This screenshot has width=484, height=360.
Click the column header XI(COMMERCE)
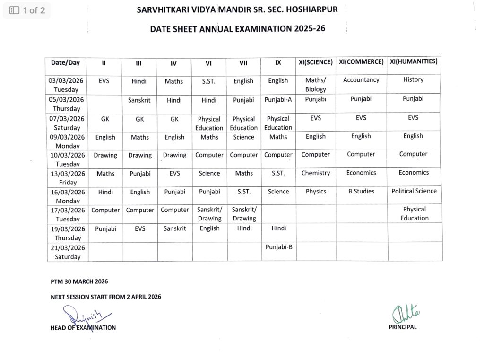click(361, 62)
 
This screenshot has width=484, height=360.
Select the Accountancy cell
click(361, 80)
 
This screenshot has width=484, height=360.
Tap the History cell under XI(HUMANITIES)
click(414, 79)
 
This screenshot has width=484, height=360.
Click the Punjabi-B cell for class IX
click(278, 246)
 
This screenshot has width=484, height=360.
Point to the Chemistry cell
click(316, 173)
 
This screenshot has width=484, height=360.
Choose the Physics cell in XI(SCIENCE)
click(316, 192)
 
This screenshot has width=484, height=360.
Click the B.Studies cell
click(361, 192)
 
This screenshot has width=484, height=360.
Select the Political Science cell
click(414, 191)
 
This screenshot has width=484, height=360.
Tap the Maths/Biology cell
click(316, 85)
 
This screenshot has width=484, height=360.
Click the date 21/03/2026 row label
click(68, 252)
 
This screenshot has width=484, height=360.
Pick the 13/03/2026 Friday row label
click(68, 178)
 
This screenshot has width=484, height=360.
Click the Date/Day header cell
click(66, 62)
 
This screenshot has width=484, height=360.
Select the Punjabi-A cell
click(278, 100)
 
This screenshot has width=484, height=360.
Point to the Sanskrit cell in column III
click(139, 100)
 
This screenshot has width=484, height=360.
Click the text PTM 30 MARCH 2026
click(79, 281)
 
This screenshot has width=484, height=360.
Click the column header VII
click(243, 62)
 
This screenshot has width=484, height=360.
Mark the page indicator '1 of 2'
click(27, 10)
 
